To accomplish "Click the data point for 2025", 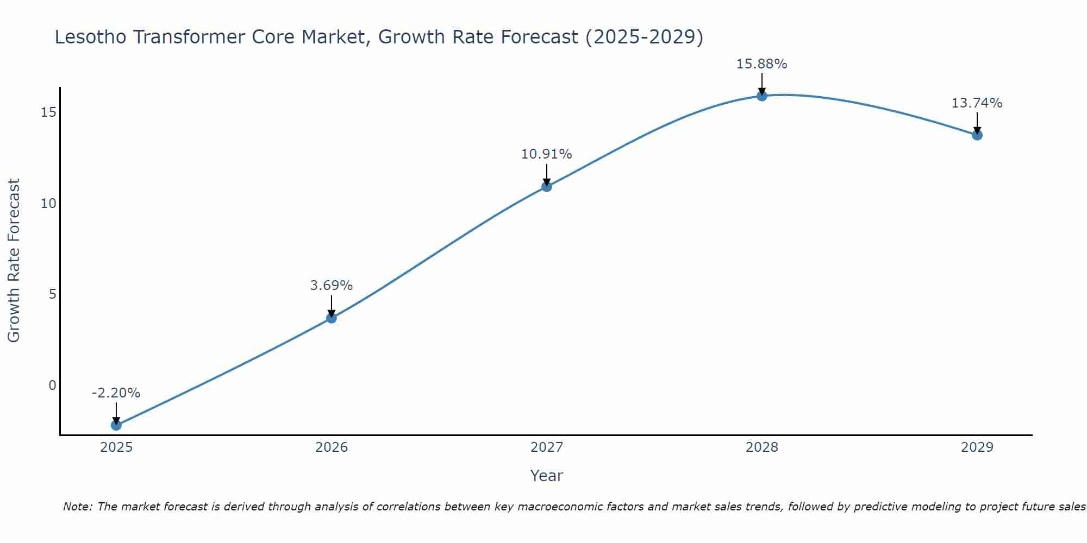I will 116,425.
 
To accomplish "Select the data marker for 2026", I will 332,318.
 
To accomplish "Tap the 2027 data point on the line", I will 547,186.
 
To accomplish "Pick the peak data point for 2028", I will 762,96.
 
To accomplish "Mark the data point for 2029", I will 977,135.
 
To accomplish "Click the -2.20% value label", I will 116,393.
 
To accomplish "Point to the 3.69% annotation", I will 332,286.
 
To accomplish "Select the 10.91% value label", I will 547,154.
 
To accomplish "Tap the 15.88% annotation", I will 762,64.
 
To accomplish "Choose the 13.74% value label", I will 977,103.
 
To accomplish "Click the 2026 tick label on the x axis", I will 332,447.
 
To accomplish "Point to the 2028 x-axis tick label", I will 762,447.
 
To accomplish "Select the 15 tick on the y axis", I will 49,112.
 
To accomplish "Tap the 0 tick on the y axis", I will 53,386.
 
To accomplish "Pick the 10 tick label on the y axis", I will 49,204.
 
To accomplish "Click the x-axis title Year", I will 547,476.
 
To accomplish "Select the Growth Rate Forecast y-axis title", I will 14,261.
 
